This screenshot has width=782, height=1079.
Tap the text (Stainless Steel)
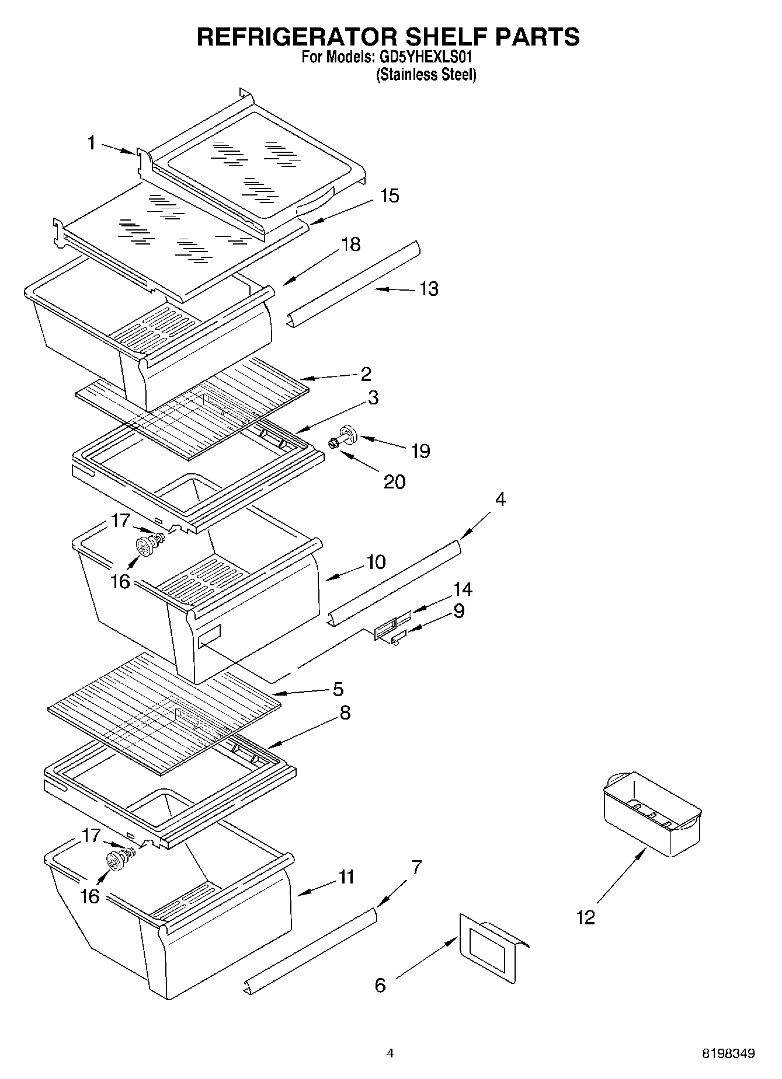click(x=426, y=75)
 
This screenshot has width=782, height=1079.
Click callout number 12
click(x=586, y=917)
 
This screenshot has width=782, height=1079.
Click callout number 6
click(x=380, y=986)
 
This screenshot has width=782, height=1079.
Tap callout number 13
click(x=429, y=289)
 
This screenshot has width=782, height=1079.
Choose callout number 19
click(x=420, y=451)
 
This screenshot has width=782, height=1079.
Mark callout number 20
click(x=395, y=482)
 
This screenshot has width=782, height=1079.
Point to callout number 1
click(x=91, y=142)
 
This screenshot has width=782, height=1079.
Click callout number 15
click(x=390, y=195)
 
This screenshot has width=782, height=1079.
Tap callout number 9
click(x=459, y=611)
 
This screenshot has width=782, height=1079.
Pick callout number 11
click(x=346, y=877)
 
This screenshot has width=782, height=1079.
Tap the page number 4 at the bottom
click(x=390, y=1053)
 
